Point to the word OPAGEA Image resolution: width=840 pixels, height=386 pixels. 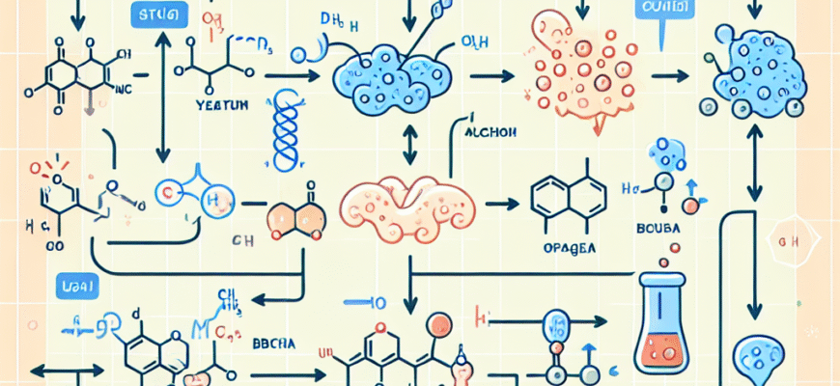tap(566, 248)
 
